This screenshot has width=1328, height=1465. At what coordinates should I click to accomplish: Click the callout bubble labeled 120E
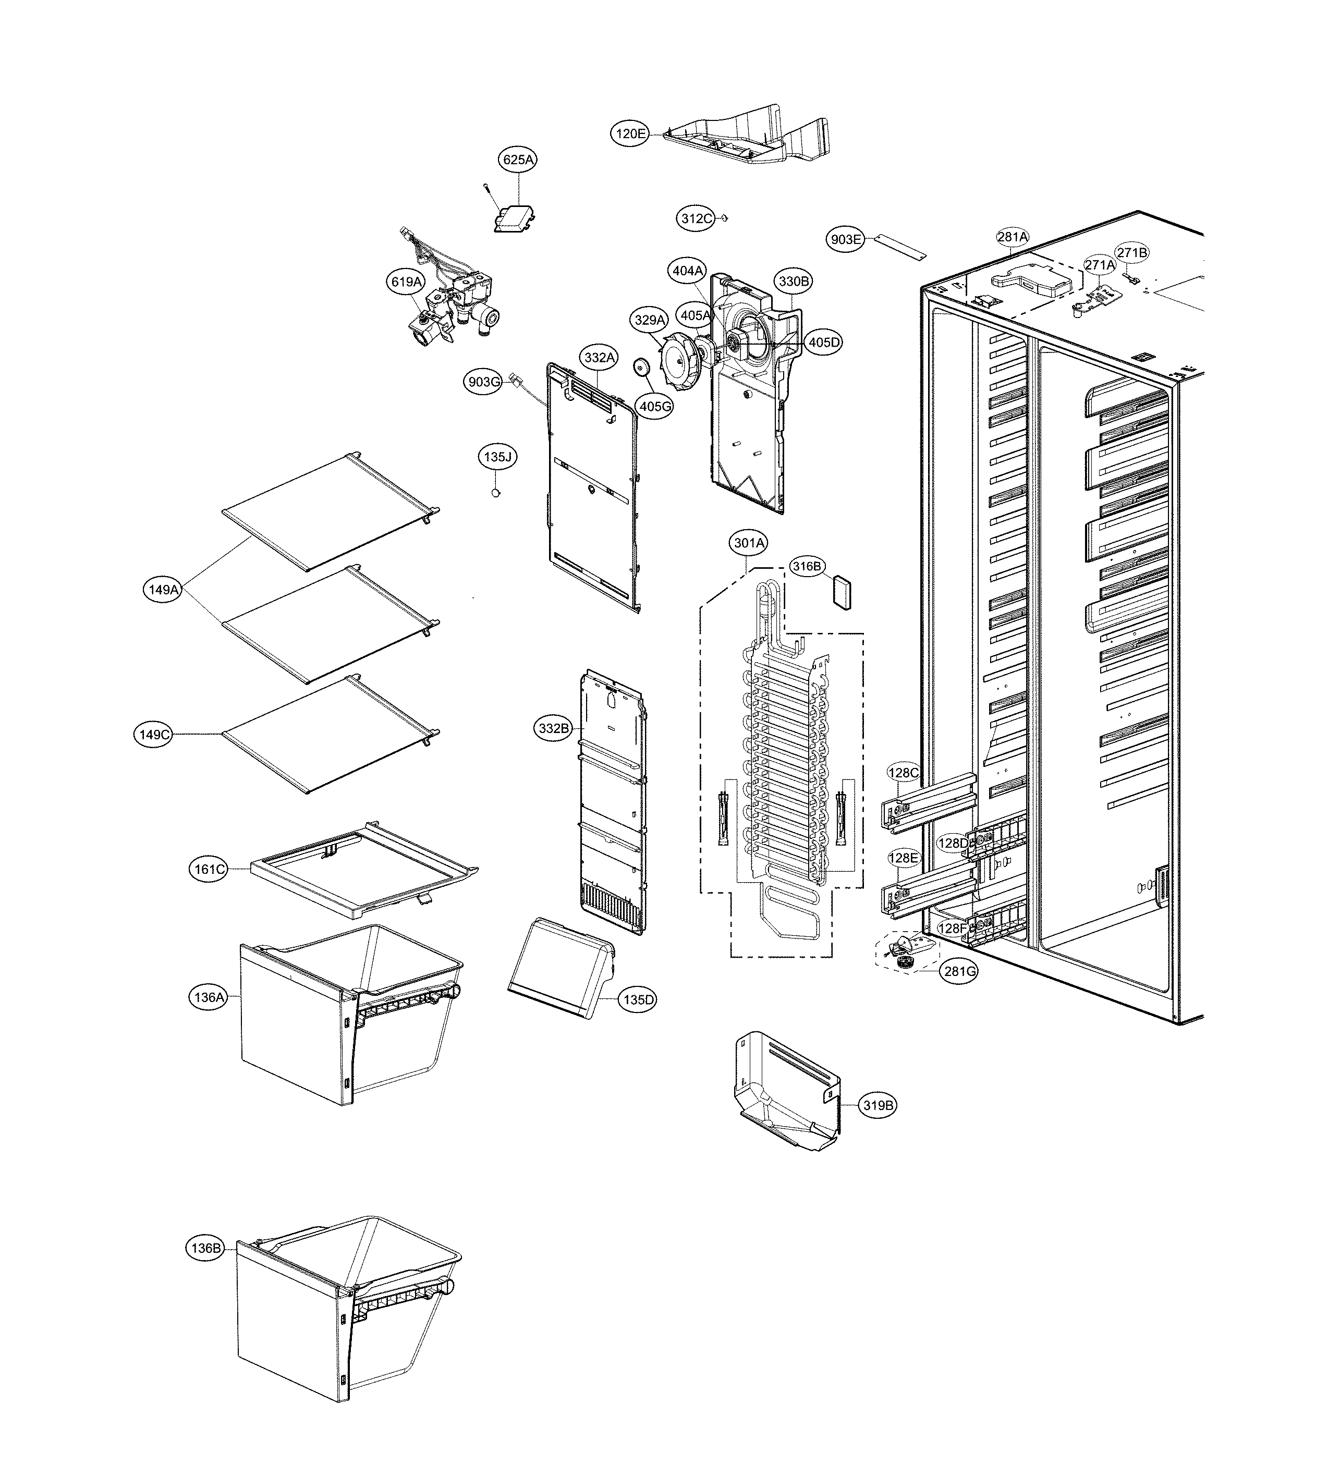[x=629, y=133]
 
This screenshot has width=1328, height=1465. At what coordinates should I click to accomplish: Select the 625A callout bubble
[x=518, y=159]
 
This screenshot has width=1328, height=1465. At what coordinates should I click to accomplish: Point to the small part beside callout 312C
[x=725, y=217]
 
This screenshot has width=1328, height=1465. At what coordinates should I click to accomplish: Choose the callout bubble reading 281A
[x=1013, y=237]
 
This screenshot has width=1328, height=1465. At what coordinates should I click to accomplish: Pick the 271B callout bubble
[x=1132, y=252]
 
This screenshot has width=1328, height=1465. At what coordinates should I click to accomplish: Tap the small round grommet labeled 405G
[x=642, y=368]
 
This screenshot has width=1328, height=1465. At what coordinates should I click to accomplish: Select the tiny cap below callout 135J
[x=496, y=493]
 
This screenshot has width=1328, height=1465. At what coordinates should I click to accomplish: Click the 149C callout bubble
[x=155, y=735]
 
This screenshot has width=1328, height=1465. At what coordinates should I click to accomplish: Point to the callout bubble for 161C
[x=209, y=869]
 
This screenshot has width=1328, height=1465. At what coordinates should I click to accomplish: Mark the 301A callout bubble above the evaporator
[x=749, y=543]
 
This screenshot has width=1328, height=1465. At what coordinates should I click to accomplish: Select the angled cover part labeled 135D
[x=559, y=967]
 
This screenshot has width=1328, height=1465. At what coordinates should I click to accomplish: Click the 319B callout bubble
[x=878, y=1105]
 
